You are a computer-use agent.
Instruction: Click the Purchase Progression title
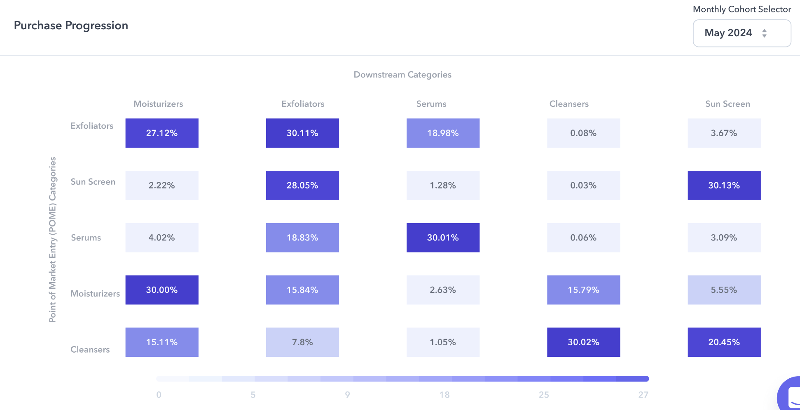71,26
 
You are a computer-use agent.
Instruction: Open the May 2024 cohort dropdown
742,33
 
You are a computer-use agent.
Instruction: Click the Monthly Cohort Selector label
742,9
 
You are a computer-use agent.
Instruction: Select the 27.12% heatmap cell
162,133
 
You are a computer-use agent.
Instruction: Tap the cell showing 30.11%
302,133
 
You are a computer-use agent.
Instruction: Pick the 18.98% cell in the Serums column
443,133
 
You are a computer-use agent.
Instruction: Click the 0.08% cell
583,133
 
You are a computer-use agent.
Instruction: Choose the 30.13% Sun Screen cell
724,186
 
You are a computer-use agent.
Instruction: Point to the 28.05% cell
302,186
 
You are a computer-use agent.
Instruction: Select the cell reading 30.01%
443,238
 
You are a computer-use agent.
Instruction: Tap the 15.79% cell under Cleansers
583,290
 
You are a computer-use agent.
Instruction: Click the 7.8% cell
302,342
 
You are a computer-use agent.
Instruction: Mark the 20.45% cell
724,342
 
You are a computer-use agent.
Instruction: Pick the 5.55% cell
724,290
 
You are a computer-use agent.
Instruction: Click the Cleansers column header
569,104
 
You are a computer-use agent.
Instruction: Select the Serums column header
431,104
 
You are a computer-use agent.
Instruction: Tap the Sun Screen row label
93,182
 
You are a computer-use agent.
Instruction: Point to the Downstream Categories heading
402,75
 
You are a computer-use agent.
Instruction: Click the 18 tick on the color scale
444,395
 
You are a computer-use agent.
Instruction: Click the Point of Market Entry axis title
52,239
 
